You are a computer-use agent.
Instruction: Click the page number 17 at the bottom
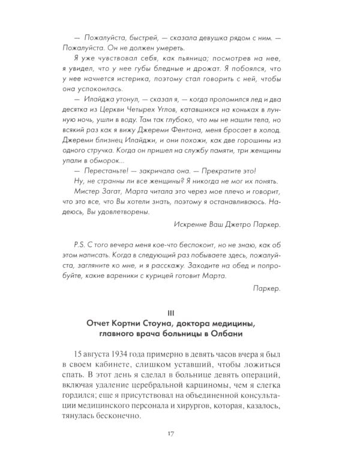(180, 433)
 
